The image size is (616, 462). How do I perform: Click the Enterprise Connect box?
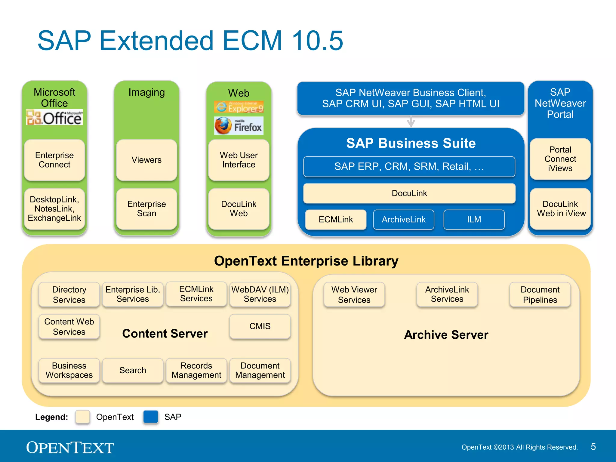(x=54, y=160)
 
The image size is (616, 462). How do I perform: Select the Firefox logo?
(x=239, y=126)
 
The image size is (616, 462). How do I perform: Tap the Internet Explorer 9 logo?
(x=239, y=107)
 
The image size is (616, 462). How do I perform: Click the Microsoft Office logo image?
(x=54, y=117)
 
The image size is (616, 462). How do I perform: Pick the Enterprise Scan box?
(x=146, y=209)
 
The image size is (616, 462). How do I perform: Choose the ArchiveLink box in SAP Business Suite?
(x=404, y=220)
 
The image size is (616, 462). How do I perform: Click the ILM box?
(x=474, y=220)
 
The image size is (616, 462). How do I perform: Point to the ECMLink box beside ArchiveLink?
(x=336, y=220)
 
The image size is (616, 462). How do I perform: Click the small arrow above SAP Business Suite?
(x=411, y=122)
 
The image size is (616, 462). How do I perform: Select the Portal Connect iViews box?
(x=560, y=159)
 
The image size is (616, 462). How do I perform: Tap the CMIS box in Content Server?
(x=260, y=326)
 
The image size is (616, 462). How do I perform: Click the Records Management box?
(x=196, y=370)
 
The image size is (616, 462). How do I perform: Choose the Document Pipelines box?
(x=540, y=294)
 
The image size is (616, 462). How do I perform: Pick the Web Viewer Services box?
(x=354, y=294)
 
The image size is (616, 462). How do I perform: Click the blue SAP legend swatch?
(x=151, y=417)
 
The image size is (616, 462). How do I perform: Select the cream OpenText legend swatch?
(x=83, y=417)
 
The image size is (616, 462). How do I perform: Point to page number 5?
(x=593, y=447)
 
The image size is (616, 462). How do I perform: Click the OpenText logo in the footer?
(x=70, y=448)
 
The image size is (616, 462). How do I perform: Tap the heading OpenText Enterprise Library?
(x=306, y=261)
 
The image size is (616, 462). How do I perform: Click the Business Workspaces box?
(x=69, y=370)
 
